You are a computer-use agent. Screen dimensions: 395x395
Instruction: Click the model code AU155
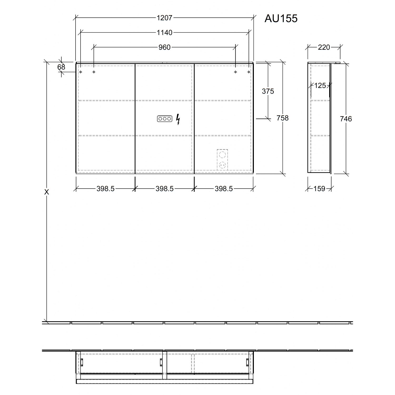pyautogui.click(x=281, y=18)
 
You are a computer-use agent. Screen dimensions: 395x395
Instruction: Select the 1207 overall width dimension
pyautogui.click(x=164, y=18)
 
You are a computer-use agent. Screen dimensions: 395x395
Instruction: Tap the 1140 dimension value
pyautogui.click(x=164, y=33)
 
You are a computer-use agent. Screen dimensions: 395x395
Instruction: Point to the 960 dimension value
pyautogui.click(x=164, y=47)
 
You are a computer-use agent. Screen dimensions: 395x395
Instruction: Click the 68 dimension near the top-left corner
pyautogui.click(x=61, y=67)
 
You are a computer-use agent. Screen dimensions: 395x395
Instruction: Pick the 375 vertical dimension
pyautogui.click(x=268, y=91)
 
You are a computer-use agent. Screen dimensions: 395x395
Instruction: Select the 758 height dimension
pyautogui.click(x=283, y=118)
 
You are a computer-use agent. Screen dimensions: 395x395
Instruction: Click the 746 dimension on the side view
pyautogui.click(x=346, y=119)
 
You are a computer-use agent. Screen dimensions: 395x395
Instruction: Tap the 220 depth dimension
pyautogui.click(x=324, y=47)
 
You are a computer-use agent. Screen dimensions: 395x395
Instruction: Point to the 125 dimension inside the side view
pyautogui.click(x=320, y=86)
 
